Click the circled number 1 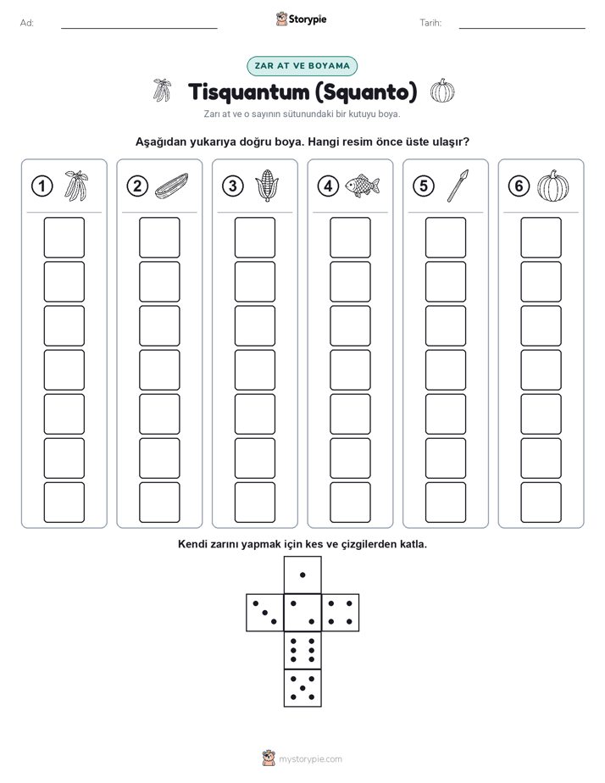pyautogui.click(x=42, y=186)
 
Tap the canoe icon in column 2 pyautogui.click(x=171, y=186)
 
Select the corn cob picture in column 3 pyautogui.click(x=267, y=186)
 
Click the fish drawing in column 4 pyautogui.click(x=362, y=186)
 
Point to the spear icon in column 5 pyautogui.click(x=458, y=186)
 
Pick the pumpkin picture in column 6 pyautogui.click(x=553, y=186)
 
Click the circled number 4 pyautogui.click(x=328, y=186)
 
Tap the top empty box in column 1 pyautogui.click(x=64, y=237)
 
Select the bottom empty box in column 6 pyautogui.click(x=541, y=503)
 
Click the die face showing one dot pyautogui.click(x=302, y=575)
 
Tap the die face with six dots pyautogui.click(x=302, y=650)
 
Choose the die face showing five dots pyautogui.click(x=302, y=687)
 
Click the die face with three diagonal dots pyautogui.click(x=265, y=613)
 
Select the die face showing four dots pyautogui.click(x=341, y=613)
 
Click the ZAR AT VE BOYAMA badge pyautogui.click(x=302, y=66)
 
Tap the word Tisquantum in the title pyautogui.click(x=248, y=92)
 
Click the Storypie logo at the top pyautogui.click(x=301, y=19)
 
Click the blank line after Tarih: pyautogui.click(x=522, y=28)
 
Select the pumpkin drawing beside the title pyautogui.click(x=442, y=91)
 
